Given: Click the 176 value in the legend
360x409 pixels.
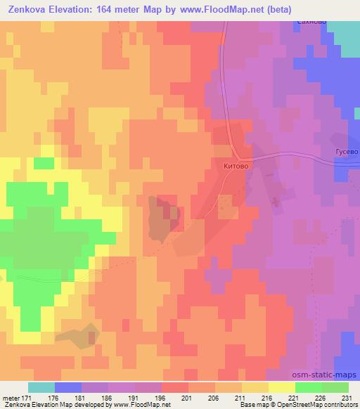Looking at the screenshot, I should click(54, 398).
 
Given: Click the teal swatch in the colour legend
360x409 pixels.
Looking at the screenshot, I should click(41, 387).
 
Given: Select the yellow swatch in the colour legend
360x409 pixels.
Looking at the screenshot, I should click(281, 387).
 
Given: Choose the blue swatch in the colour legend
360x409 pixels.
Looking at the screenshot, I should click(68, 387).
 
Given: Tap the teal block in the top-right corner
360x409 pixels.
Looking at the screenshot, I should click(345, 39).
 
